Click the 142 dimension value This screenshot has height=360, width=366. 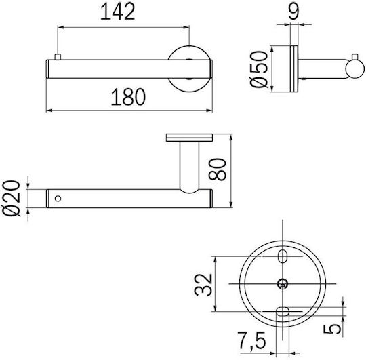(118, 12)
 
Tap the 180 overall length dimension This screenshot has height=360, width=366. (128, 97)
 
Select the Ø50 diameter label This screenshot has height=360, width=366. (259, 69)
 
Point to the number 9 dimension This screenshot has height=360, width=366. (293, 12)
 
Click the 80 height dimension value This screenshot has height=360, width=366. (218, 169)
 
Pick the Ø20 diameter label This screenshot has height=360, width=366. (12, 198)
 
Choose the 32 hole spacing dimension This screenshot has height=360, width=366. (203, 285)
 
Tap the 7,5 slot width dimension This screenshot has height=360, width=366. (251, 342)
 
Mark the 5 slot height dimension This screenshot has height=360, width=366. (332, 329)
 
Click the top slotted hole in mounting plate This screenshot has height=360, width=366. (283, 256)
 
